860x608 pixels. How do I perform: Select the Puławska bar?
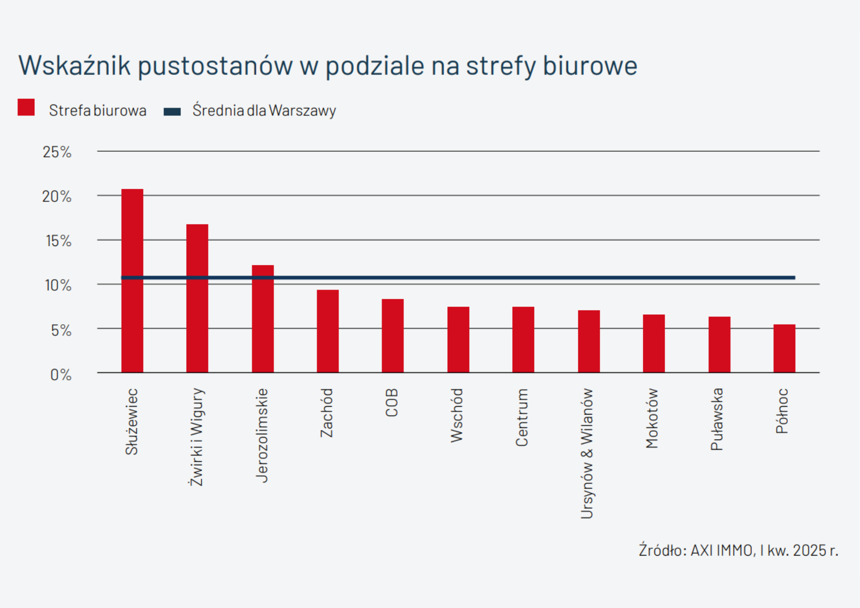point(719,344)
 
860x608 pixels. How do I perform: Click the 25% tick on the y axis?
point(57,152)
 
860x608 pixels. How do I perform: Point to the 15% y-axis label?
point(58,241)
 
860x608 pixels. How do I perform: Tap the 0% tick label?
point(61,375)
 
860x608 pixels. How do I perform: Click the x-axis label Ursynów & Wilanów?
point(587,453)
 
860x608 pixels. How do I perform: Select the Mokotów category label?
point(652,418)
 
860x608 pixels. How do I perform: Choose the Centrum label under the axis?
point(522,417)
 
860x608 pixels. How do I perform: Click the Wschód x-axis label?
point(457,415)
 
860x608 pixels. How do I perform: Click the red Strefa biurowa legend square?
point(26,107)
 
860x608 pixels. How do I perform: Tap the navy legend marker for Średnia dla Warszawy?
point(172,112)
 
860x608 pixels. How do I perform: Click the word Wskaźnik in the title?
point(74,65)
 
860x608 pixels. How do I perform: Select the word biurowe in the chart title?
point(590,65)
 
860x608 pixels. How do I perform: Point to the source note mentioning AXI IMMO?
point(738,550)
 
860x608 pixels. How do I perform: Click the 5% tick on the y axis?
point(61,330)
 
